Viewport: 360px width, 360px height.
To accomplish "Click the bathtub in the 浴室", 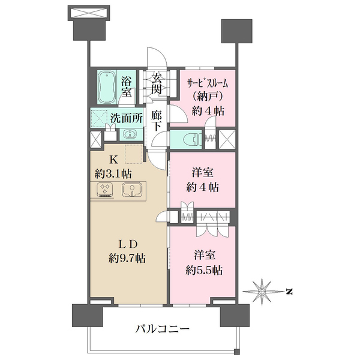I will pos(109,86).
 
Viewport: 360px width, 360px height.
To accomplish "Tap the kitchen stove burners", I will pos(106,190).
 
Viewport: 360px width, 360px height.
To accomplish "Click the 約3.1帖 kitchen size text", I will pos(113,173).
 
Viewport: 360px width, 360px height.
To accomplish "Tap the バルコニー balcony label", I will pos(162,328).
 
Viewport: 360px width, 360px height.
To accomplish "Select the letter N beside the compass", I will pos(288,292).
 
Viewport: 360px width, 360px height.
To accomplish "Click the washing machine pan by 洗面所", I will pos(98,118).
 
